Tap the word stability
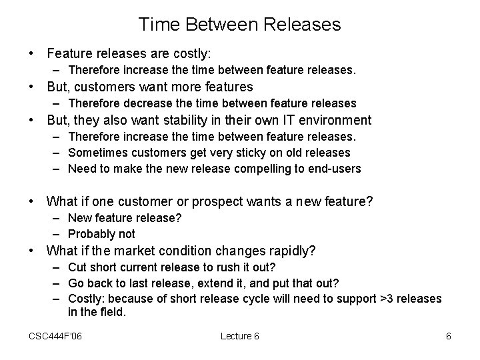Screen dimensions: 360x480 pyautogui.click(x=198, y=121)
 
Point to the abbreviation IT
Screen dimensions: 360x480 pyautogui.click(x=289, y=121)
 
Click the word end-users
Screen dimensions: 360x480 pyautogui.click(x=335, y=169)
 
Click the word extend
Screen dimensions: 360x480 pyautogui.click(x=209, y=283)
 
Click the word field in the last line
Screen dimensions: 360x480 pyautogui.click(x=112, y=311)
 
